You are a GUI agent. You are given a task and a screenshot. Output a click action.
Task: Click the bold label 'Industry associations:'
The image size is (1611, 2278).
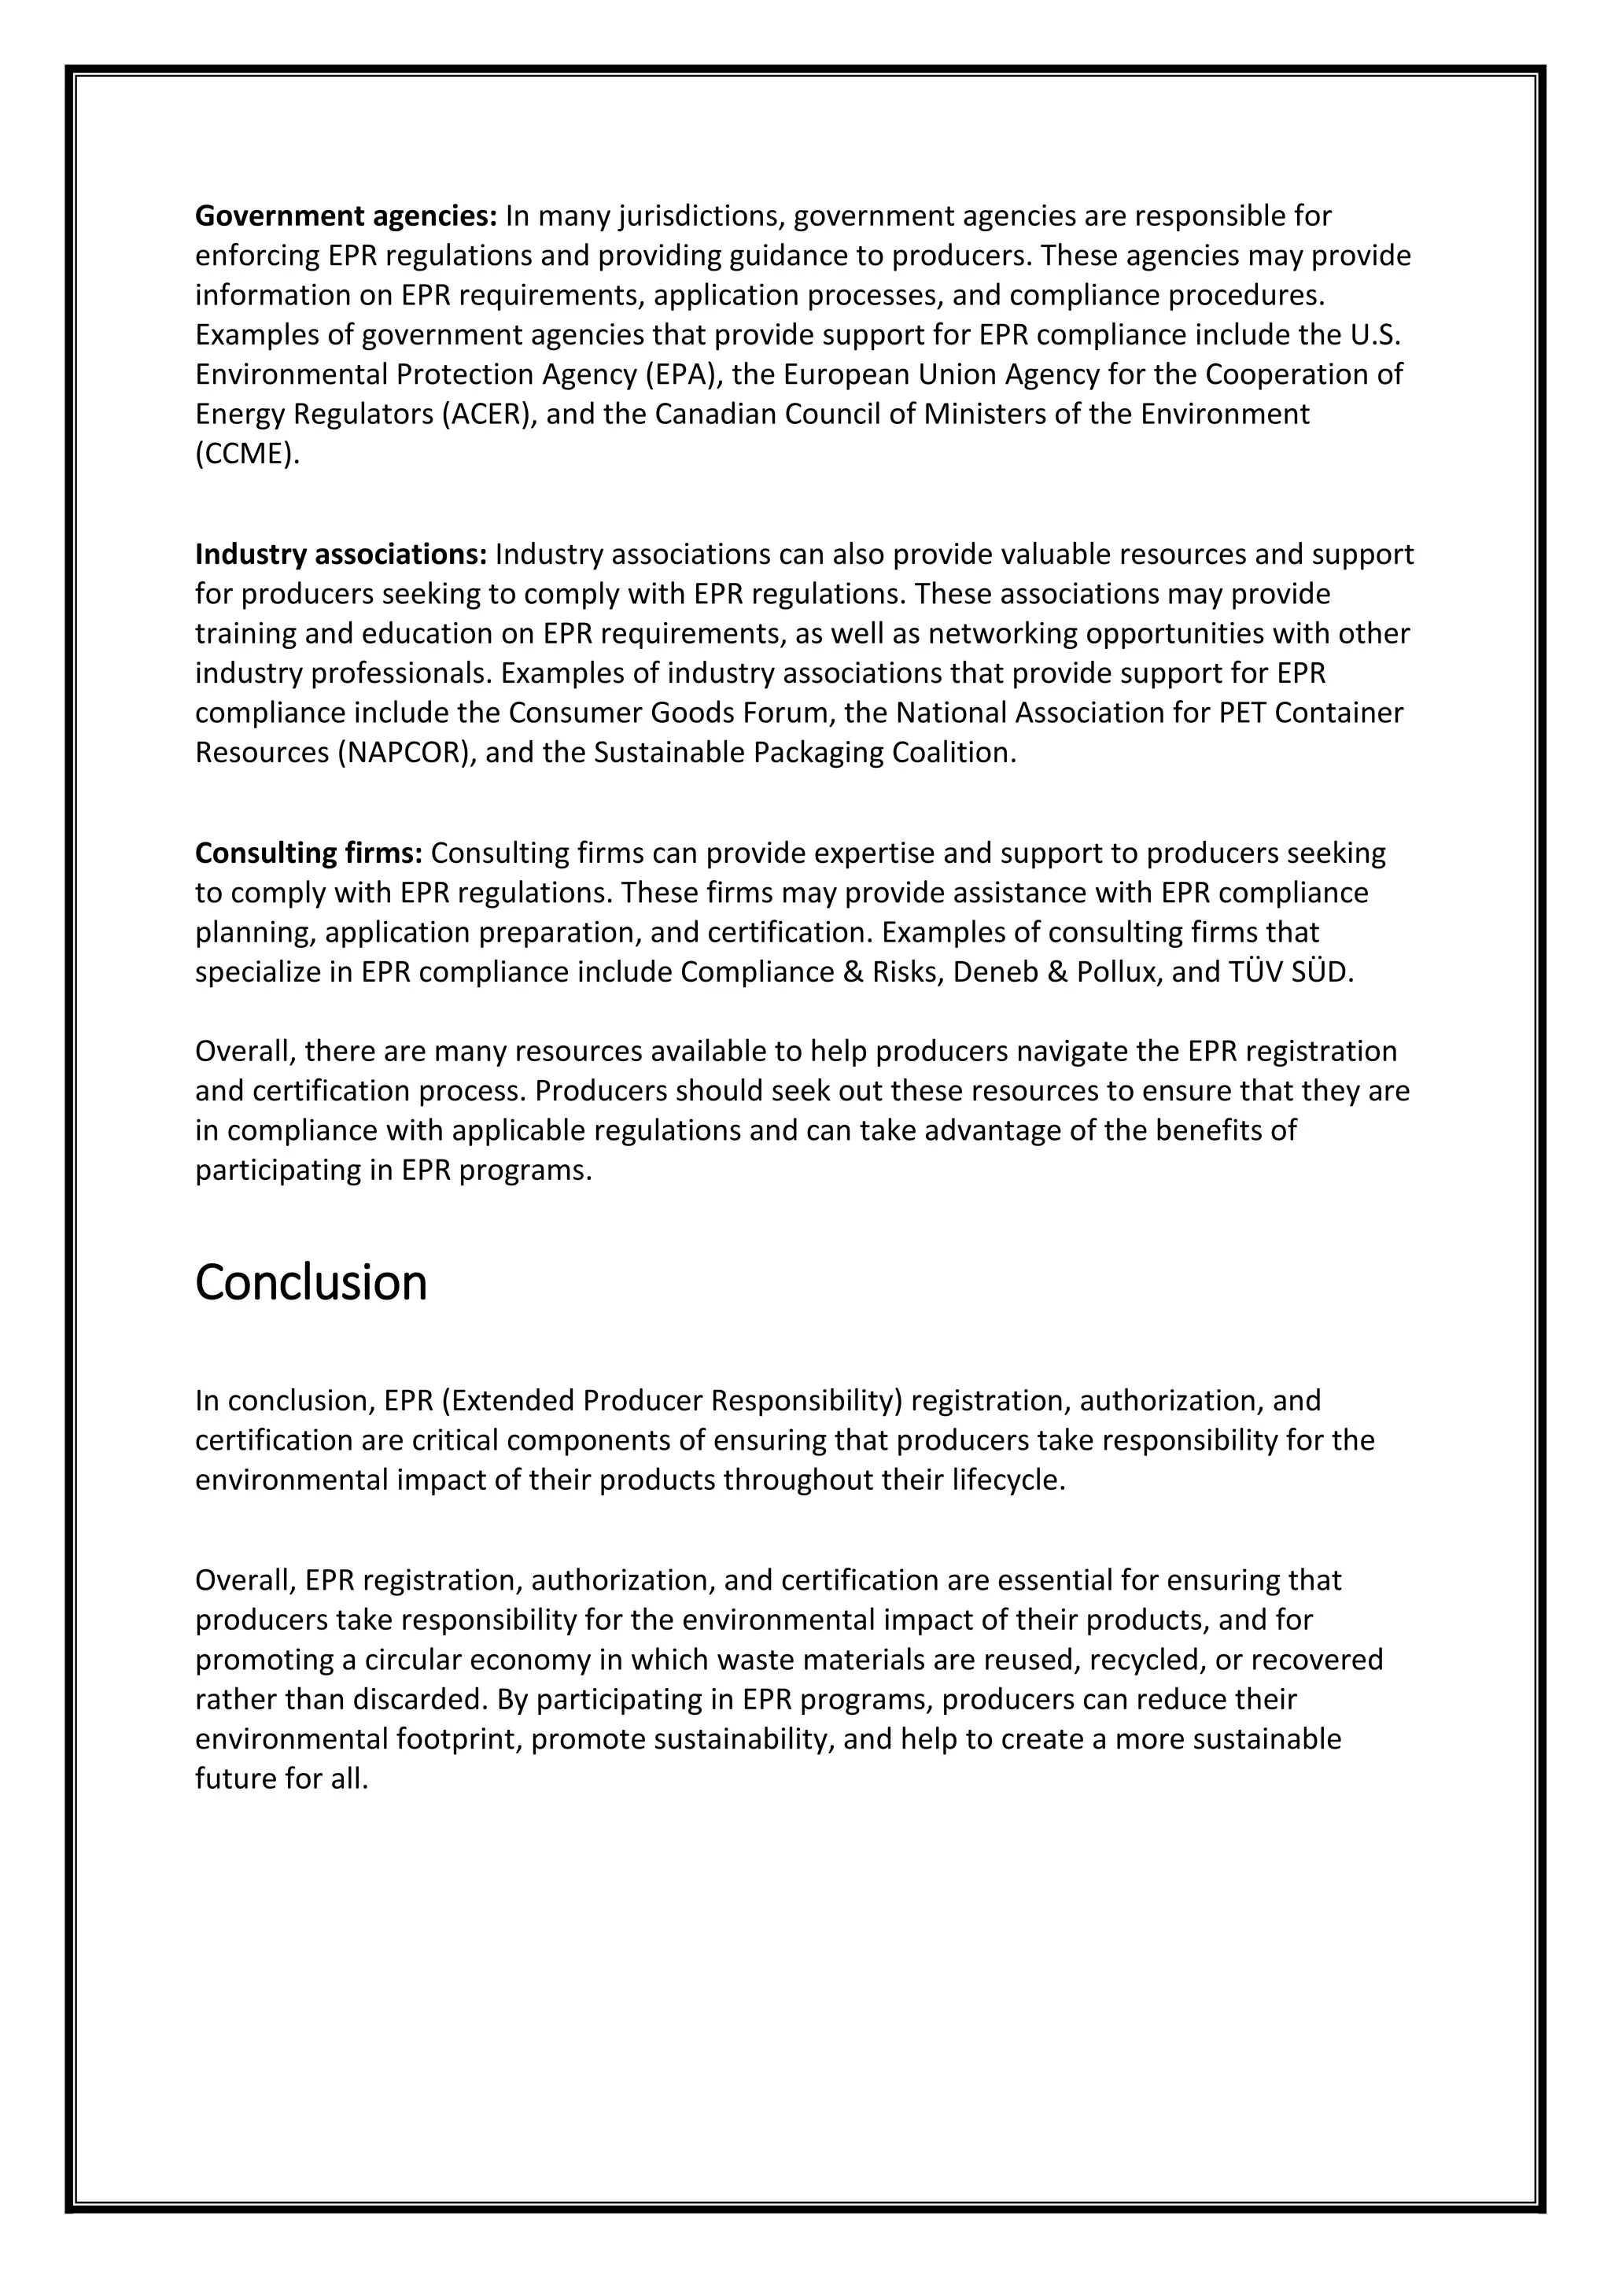click(341, 555)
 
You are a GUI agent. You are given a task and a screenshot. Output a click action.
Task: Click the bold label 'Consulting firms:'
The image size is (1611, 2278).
click(308, 853)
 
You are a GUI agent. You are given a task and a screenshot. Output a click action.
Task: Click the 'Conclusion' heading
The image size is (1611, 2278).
click(311, 1282)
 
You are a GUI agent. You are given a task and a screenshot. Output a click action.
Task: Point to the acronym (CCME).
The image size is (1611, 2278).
click(246, 455)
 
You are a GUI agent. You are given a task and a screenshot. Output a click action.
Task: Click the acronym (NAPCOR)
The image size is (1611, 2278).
click(406, 753)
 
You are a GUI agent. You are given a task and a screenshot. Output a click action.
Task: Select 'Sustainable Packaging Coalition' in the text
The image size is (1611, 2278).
click(805, 753)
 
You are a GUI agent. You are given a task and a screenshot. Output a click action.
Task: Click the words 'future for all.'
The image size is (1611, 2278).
click(282, 1779)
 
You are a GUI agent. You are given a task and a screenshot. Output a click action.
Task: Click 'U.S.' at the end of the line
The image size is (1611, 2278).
click(1376, 335)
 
